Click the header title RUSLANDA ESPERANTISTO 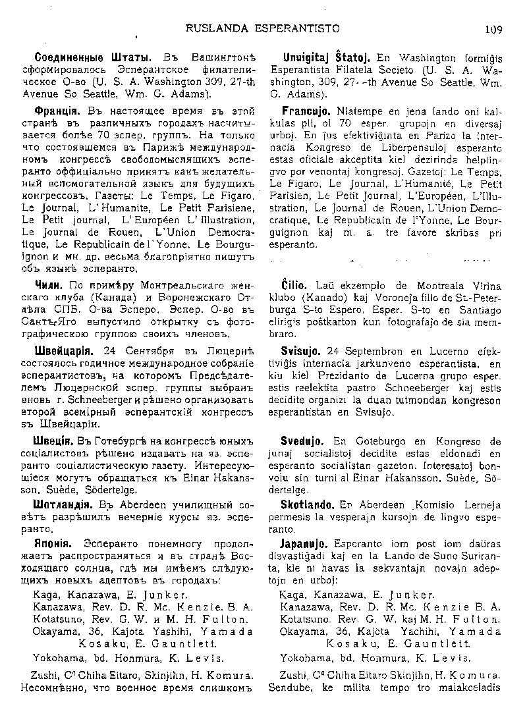pos(263,28)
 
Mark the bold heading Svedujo pos(304,441)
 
